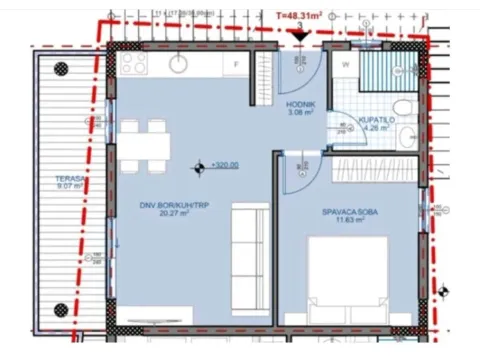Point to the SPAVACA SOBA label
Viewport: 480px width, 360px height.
pyautogui.click(x=348, y=212)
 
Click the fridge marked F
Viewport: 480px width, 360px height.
pyautogui.click(x=235, y=63)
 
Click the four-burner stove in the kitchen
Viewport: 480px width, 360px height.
pyautogui.click(x=134, y=63)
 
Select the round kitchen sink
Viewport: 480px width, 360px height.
pyautogui.click(x=180, y=63)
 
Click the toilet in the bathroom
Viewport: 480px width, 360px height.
pyautogui.click(x=399, y=108)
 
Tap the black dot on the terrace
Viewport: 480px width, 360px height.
pyautogui.click(x=63, y=67)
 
